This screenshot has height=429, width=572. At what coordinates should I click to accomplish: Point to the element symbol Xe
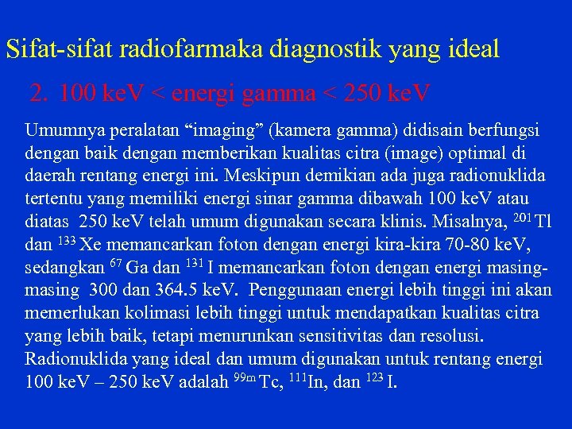point(91,243)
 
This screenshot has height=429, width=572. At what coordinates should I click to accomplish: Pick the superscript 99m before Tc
point(243,376)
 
